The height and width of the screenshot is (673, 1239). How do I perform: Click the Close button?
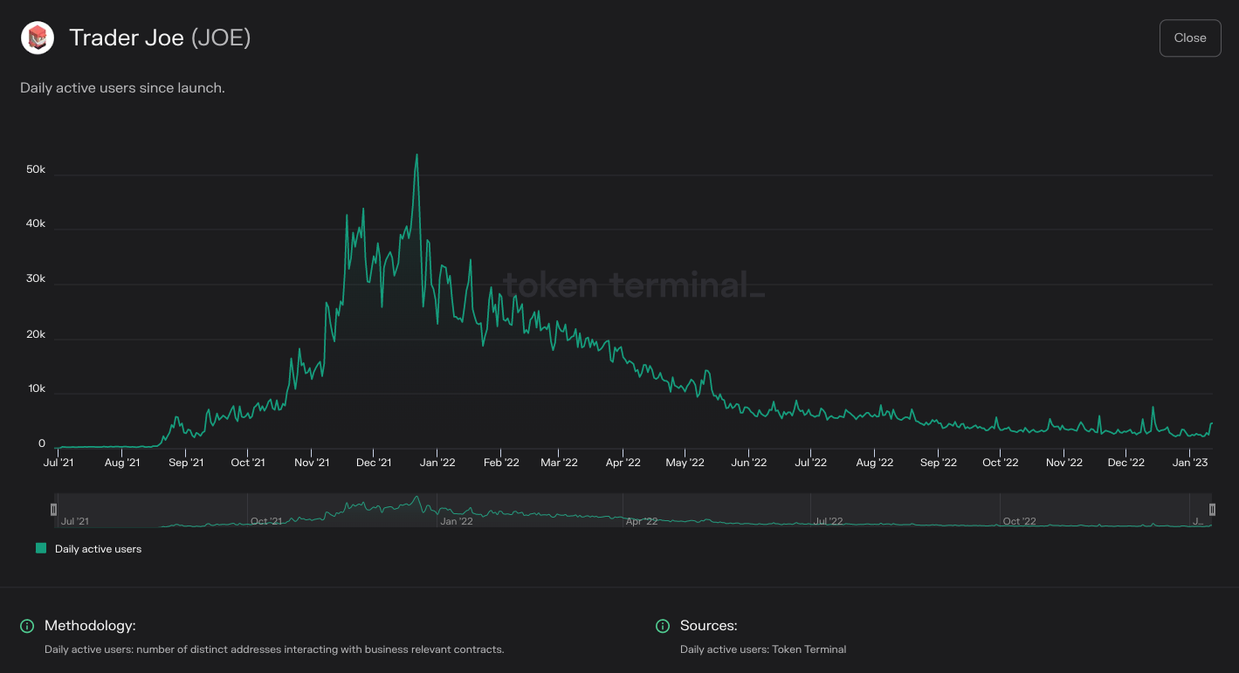[x=1189, y=38]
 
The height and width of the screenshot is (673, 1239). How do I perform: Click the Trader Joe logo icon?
[x=38, y=38]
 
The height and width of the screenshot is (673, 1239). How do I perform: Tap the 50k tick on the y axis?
[x=36, y=169]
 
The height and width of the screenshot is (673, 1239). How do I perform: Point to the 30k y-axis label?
[x=36, y=279]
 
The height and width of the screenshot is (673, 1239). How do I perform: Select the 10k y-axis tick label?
[x=36, y=388]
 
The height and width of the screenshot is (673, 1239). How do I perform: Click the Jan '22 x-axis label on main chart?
[x=437, y=463]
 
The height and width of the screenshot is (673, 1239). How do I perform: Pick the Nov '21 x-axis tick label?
[x=311, y=463]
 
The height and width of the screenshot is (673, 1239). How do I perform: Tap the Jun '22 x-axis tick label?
[x=748, y=463]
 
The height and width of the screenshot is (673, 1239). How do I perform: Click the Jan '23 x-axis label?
[x=1189, y=463]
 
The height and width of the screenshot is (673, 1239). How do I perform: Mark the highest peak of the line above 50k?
[x=416, y=155]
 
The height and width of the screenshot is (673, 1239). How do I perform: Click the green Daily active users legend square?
[x=41, y=548]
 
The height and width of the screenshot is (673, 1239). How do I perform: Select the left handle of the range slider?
[x=53, y=510]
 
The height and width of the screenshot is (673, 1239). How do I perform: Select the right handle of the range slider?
[x=1212, y=510]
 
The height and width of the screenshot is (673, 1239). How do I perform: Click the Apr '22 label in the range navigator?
[x=642, y=521]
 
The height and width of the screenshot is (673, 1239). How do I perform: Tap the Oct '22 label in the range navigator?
[x=1019, y=521]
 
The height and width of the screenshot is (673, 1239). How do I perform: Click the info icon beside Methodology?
[x=27, y=626]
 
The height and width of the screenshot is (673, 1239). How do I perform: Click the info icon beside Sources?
[x=663, y=626]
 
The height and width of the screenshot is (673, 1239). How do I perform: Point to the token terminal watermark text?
[x=633, y=285]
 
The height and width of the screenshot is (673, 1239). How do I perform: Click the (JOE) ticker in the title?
[x=221, y=38]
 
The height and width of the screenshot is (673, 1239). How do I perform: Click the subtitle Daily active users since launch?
[x=122, y=88]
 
